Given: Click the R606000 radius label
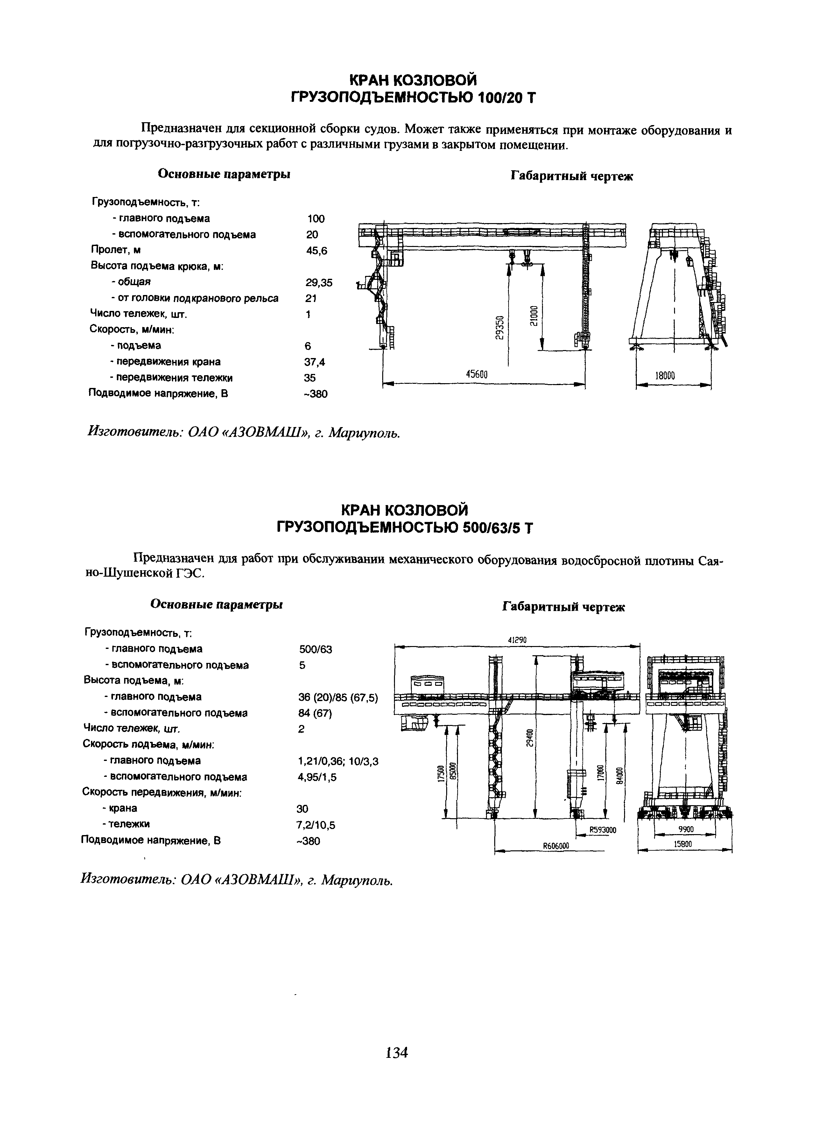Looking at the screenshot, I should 556,845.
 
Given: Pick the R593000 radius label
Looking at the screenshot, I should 602,830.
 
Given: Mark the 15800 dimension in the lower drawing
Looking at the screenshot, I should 683,844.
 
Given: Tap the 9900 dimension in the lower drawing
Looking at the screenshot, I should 686,830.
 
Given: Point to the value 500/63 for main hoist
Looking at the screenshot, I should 315,649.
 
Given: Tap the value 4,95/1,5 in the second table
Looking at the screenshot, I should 317,777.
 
